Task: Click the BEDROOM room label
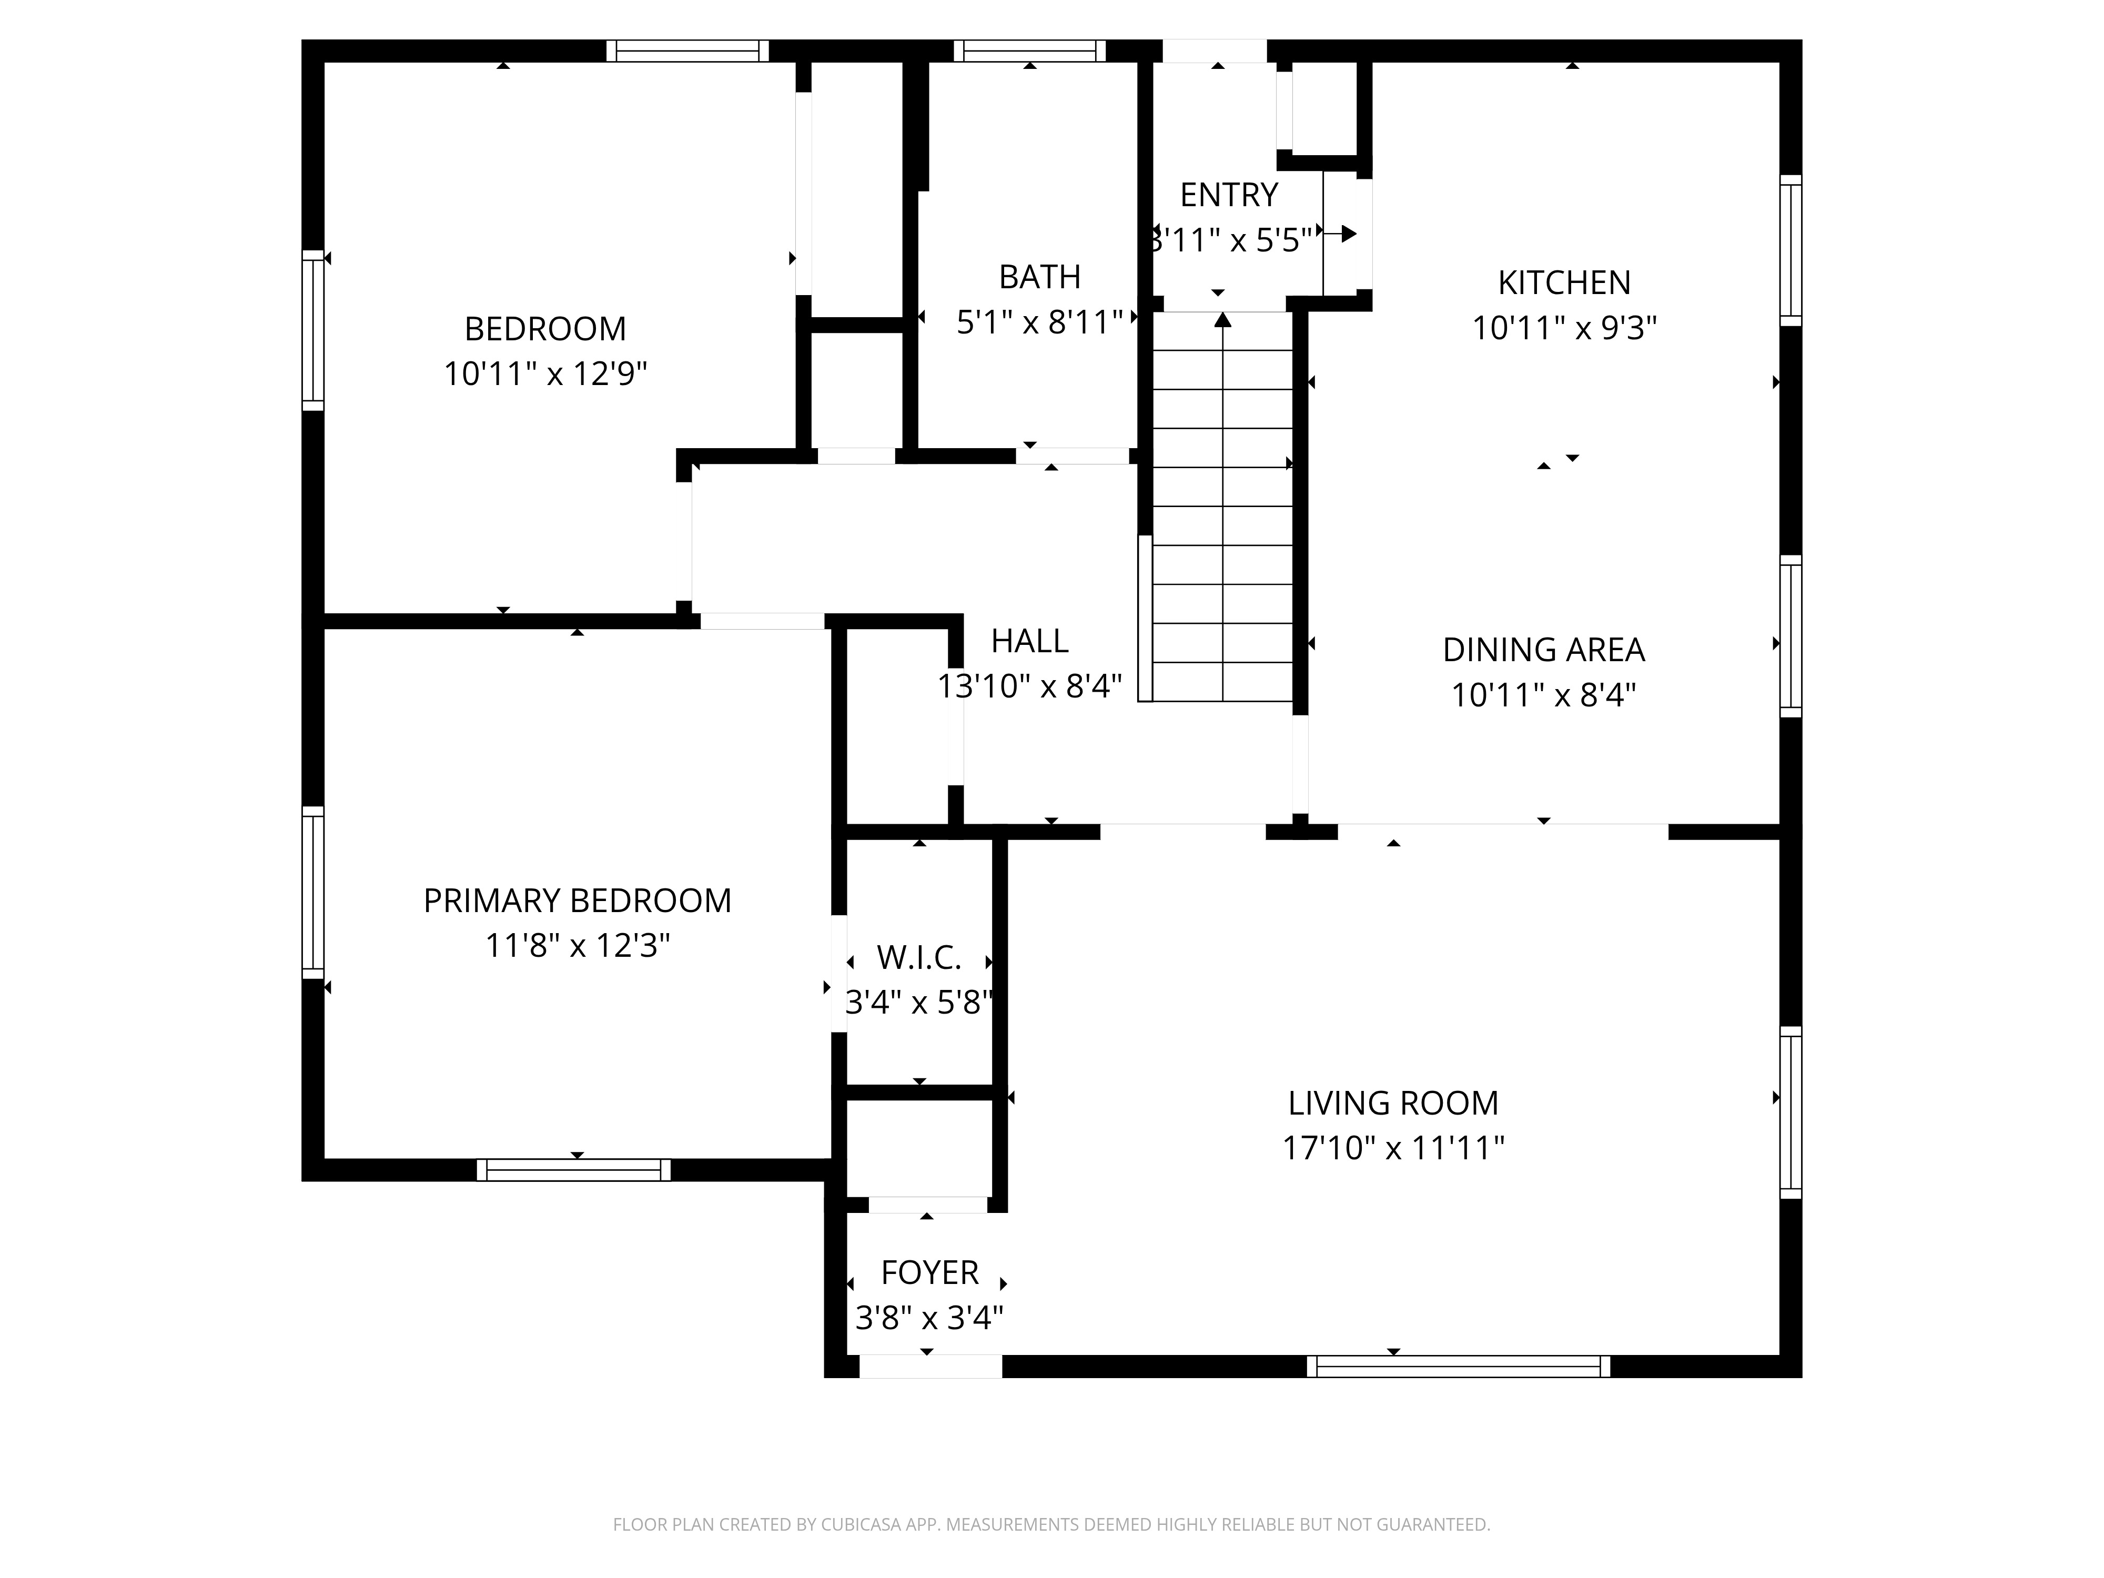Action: point(545,329)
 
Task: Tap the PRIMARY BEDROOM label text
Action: point(578,901)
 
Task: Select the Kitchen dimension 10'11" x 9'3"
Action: point(1565,328)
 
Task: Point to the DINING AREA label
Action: point(1544,650)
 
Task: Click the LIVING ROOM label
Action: point(1393,1104)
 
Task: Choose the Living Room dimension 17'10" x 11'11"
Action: point(1393,1148)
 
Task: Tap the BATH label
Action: point(1039,277)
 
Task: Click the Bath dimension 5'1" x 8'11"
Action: point(1039,322)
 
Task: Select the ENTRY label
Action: point(1229,195)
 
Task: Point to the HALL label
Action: point(1030,641)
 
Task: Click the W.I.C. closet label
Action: point(919,958)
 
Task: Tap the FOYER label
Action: point(929,1273)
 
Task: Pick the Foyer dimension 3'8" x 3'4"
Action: point(929,1318)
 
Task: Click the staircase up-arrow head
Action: point(1223,320)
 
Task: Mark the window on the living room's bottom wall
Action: point(1458,1367)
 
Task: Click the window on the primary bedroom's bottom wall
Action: point(573,1170)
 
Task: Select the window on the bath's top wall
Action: point(1030,50)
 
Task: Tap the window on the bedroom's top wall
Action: point(687,50)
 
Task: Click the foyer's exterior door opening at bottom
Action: point(930,1367)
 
